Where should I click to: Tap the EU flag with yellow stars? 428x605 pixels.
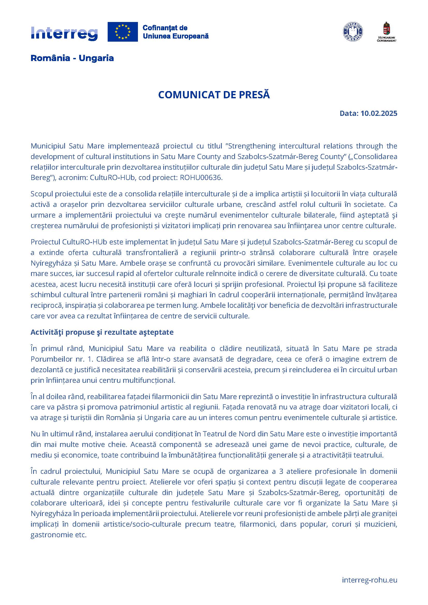[123, 32]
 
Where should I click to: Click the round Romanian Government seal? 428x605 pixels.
[353, 32]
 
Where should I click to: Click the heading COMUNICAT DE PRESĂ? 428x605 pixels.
[214, 95]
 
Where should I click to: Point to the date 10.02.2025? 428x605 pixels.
[379, 113]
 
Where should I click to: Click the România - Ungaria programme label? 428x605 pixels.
[72, 58]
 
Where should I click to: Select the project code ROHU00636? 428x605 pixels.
[200, 178]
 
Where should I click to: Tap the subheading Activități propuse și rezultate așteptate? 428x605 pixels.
[102, 332]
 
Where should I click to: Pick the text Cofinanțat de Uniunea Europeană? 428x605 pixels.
[175, 32]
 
